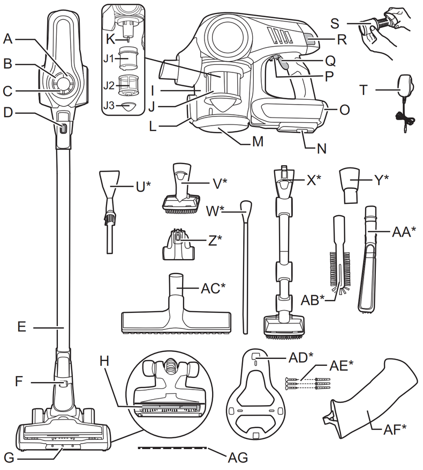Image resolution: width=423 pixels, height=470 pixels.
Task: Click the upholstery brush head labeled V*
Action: pos(179,193)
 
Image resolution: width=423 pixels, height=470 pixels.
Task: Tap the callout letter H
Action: pos(106,361)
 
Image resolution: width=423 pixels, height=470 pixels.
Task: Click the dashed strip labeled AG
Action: pos(171,447)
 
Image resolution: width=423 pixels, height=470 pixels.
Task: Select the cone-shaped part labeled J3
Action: pos(126,106)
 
